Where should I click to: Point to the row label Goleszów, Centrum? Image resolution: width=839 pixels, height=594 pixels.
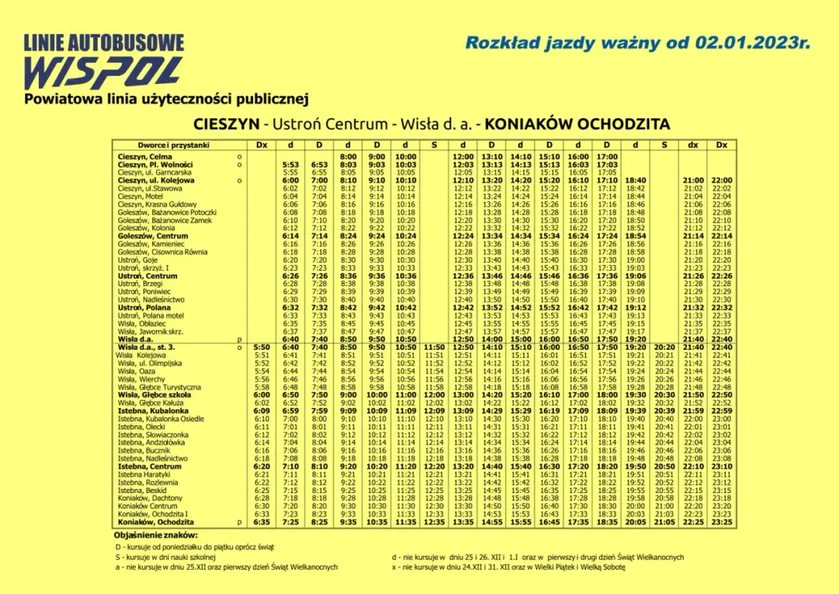click(153, 236)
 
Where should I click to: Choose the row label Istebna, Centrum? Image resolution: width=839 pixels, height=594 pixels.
click(149, 466)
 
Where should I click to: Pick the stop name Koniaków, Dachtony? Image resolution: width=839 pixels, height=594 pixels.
click(150, 498)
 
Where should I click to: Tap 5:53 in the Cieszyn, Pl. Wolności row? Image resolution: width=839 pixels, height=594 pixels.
click(291, 165)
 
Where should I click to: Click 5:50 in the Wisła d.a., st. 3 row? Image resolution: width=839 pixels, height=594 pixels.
click(262, 348)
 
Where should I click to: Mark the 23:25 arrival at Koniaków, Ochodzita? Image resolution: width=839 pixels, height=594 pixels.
click(722, 522)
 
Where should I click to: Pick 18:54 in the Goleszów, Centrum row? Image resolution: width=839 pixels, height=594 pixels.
click(635, 236)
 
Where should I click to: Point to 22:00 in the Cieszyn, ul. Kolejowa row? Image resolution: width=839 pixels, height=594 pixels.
click(722, 180)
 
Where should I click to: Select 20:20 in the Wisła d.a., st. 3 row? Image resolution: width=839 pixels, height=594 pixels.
click(664, 348)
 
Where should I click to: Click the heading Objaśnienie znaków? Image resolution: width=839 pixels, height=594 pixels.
click(155, 536)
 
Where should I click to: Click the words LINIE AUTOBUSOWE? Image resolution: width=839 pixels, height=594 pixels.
click(104, 43)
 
